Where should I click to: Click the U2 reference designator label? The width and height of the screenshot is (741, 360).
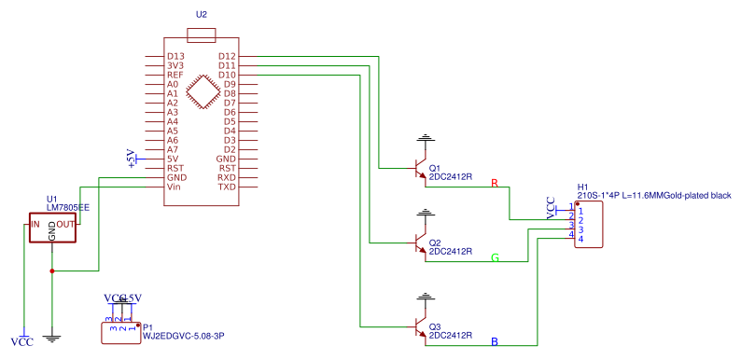tap(202, 17)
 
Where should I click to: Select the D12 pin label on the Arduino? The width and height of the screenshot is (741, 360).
tap(227, 57)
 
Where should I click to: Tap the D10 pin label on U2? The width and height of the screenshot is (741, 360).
tap(227, 76)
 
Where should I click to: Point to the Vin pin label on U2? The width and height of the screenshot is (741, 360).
tap(174, 187)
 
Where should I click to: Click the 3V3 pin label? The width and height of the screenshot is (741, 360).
tap(175, 66)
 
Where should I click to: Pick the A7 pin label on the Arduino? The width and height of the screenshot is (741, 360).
tap(173, 150)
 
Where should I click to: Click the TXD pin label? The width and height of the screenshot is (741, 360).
tap(227, 187)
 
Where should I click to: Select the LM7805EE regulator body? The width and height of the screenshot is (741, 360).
tap(52, 229)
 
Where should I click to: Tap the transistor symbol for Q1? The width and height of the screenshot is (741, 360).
tap(421, 169)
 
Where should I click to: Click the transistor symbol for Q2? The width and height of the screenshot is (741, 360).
tap(421, 243)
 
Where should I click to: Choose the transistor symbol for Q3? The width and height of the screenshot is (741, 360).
tap(421, 327)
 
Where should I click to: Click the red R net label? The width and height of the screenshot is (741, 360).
tap(495, 183)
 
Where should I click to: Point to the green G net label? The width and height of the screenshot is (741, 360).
tap(495, 257)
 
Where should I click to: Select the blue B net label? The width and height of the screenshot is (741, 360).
tap(495, 342)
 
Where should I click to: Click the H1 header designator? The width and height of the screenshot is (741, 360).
tap(582, 187)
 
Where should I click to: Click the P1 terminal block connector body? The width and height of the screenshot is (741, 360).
tap(119, 332)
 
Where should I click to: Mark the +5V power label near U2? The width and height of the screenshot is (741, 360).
tap(132, 159)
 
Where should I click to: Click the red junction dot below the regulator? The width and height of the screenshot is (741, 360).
tap(52, 271)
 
